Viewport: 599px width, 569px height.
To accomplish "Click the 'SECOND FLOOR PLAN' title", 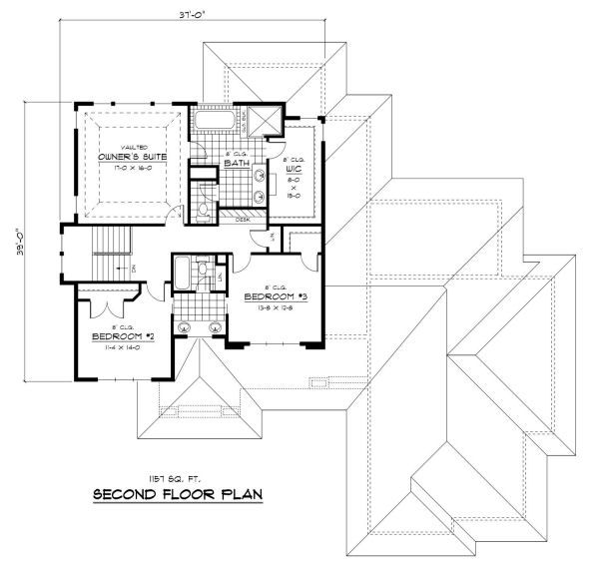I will point(178,494).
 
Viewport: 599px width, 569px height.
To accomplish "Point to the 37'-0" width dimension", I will point(174,15).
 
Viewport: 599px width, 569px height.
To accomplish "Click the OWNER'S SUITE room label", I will point(132,158).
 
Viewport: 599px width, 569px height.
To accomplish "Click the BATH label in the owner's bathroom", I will point(236,162).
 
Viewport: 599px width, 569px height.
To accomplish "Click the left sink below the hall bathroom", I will point(185,327).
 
